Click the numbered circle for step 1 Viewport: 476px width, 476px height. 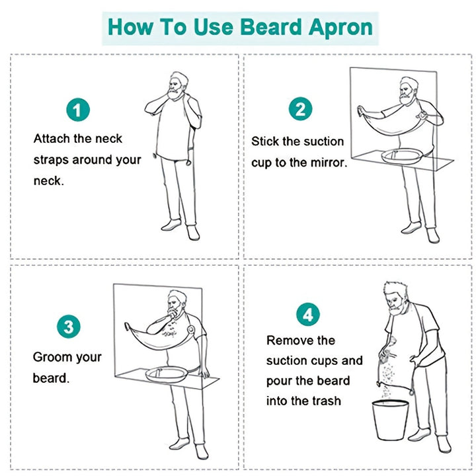pyautogui.click(x=78, y=110)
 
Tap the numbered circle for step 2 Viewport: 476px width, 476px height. pyautogui.click(x=300, y=108)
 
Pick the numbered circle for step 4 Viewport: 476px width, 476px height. pyautogui.click(x=307, y=314)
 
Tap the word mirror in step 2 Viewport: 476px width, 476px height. pyautogui.click(x=328, y=163)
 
